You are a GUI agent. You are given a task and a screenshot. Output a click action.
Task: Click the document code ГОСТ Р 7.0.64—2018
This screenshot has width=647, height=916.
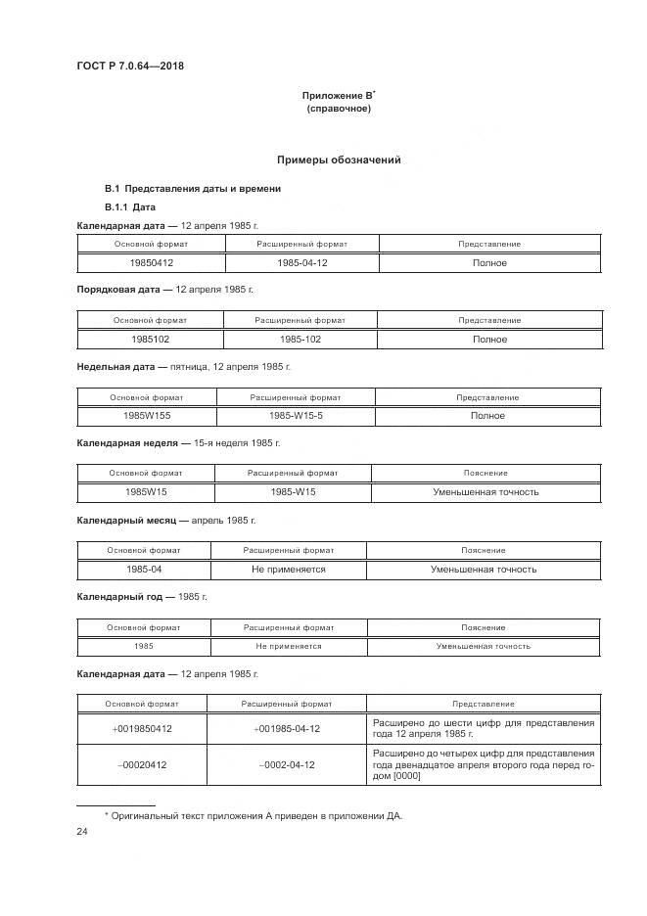[x=130, y=67]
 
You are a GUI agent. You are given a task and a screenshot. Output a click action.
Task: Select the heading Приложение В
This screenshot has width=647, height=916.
[x=338, y=96]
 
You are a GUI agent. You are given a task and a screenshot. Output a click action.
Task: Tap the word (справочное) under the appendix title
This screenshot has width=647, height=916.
[x=338, y=109]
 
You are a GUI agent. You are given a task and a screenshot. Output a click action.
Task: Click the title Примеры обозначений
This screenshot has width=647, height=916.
[x=338, y=160]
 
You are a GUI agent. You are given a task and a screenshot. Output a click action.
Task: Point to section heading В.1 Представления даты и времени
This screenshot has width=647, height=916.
[x=193, y=188]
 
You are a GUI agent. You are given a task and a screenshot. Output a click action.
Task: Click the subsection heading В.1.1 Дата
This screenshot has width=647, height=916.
[x=130, y=207]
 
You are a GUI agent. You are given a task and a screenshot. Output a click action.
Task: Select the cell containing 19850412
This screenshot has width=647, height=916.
[x=151, y=263]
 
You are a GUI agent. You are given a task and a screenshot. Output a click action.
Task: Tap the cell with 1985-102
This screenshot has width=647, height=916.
[x=300, y=340]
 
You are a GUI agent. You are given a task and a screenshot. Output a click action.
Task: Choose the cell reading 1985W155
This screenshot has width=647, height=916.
[x=146, y=416]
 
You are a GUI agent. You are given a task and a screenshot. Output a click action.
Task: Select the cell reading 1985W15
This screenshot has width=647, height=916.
[x=146, y=492]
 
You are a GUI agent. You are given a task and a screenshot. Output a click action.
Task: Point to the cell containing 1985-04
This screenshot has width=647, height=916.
[x=144, y=569]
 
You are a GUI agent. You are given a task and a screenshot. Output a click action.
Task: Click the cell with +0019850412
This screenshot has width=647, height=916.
[x=142, y=729]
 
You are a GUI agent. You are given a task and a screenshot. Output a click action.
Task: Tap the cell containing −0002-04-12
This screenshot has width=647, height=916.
[x=287, y=764]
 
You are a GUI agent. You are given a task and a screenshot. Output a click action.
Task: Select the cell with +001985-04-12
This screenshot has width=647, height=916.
[x=287, y=729]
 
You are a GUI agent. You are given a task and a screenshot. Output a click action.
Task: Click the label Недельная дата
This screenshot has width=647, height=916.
[x=116, y=366]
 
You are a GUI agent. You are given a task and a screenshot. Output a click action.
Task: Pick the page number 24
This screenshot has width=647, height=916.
[x=82, y=832]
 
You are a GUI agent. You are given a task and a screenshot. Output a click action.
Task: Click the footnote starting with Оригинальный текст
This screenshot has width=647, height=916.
[x=257, y=814]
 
